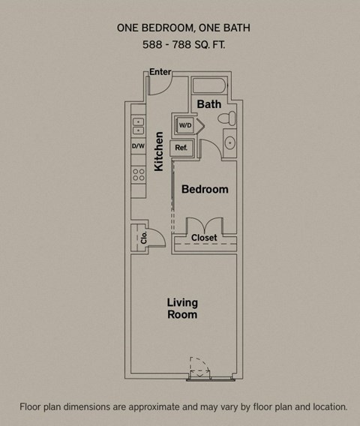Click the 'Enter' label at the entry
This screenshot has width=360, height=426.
point(160,72)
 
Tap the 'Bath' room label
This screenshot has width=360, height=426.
point(209,104)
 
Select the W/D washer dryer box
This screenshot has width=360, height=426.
point(184,124)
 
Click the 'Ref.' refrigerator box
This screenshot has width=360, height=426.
point(181,148)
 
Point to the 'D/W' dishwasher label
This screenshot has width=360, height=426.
point(138,146)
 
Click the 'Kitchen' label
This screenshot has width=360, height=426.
point(159,151)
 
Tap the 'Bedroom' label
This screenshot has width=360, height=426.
point(205,189)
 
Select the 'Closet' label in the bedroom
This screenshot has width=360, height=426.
point(204,238)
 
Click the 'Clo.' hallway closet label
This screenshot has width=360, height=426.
point(142,238)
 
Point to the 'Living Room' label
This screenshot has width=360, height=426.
point(182,308)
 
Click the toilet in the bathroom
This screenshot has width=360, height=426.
point(230,118)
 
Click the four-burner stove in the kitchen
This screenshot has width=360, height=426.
point(138,175)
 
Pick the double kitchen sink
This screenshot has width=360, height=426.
point(138,124)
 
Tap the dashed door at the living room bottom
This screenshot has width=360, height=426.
point(199,367)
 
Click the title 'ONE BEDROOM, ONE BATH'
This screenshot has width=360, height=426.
point(183,28)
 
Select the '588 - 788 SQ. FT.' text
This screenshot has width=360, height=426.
point(183,45)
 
